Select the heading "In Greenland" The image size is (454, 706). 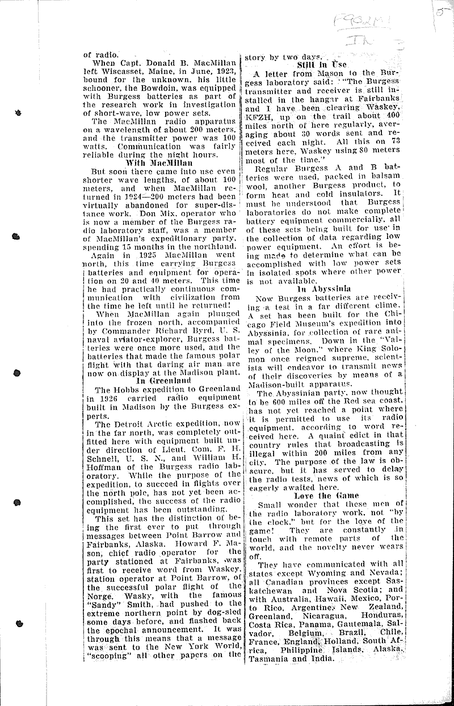159,381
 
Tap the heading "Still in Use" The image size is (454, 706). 321,65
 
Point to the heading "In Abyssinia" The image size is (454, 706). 323,289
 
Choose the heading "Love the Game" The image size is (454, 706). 323,495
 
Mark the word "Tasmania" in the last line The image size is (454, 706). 267,658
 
